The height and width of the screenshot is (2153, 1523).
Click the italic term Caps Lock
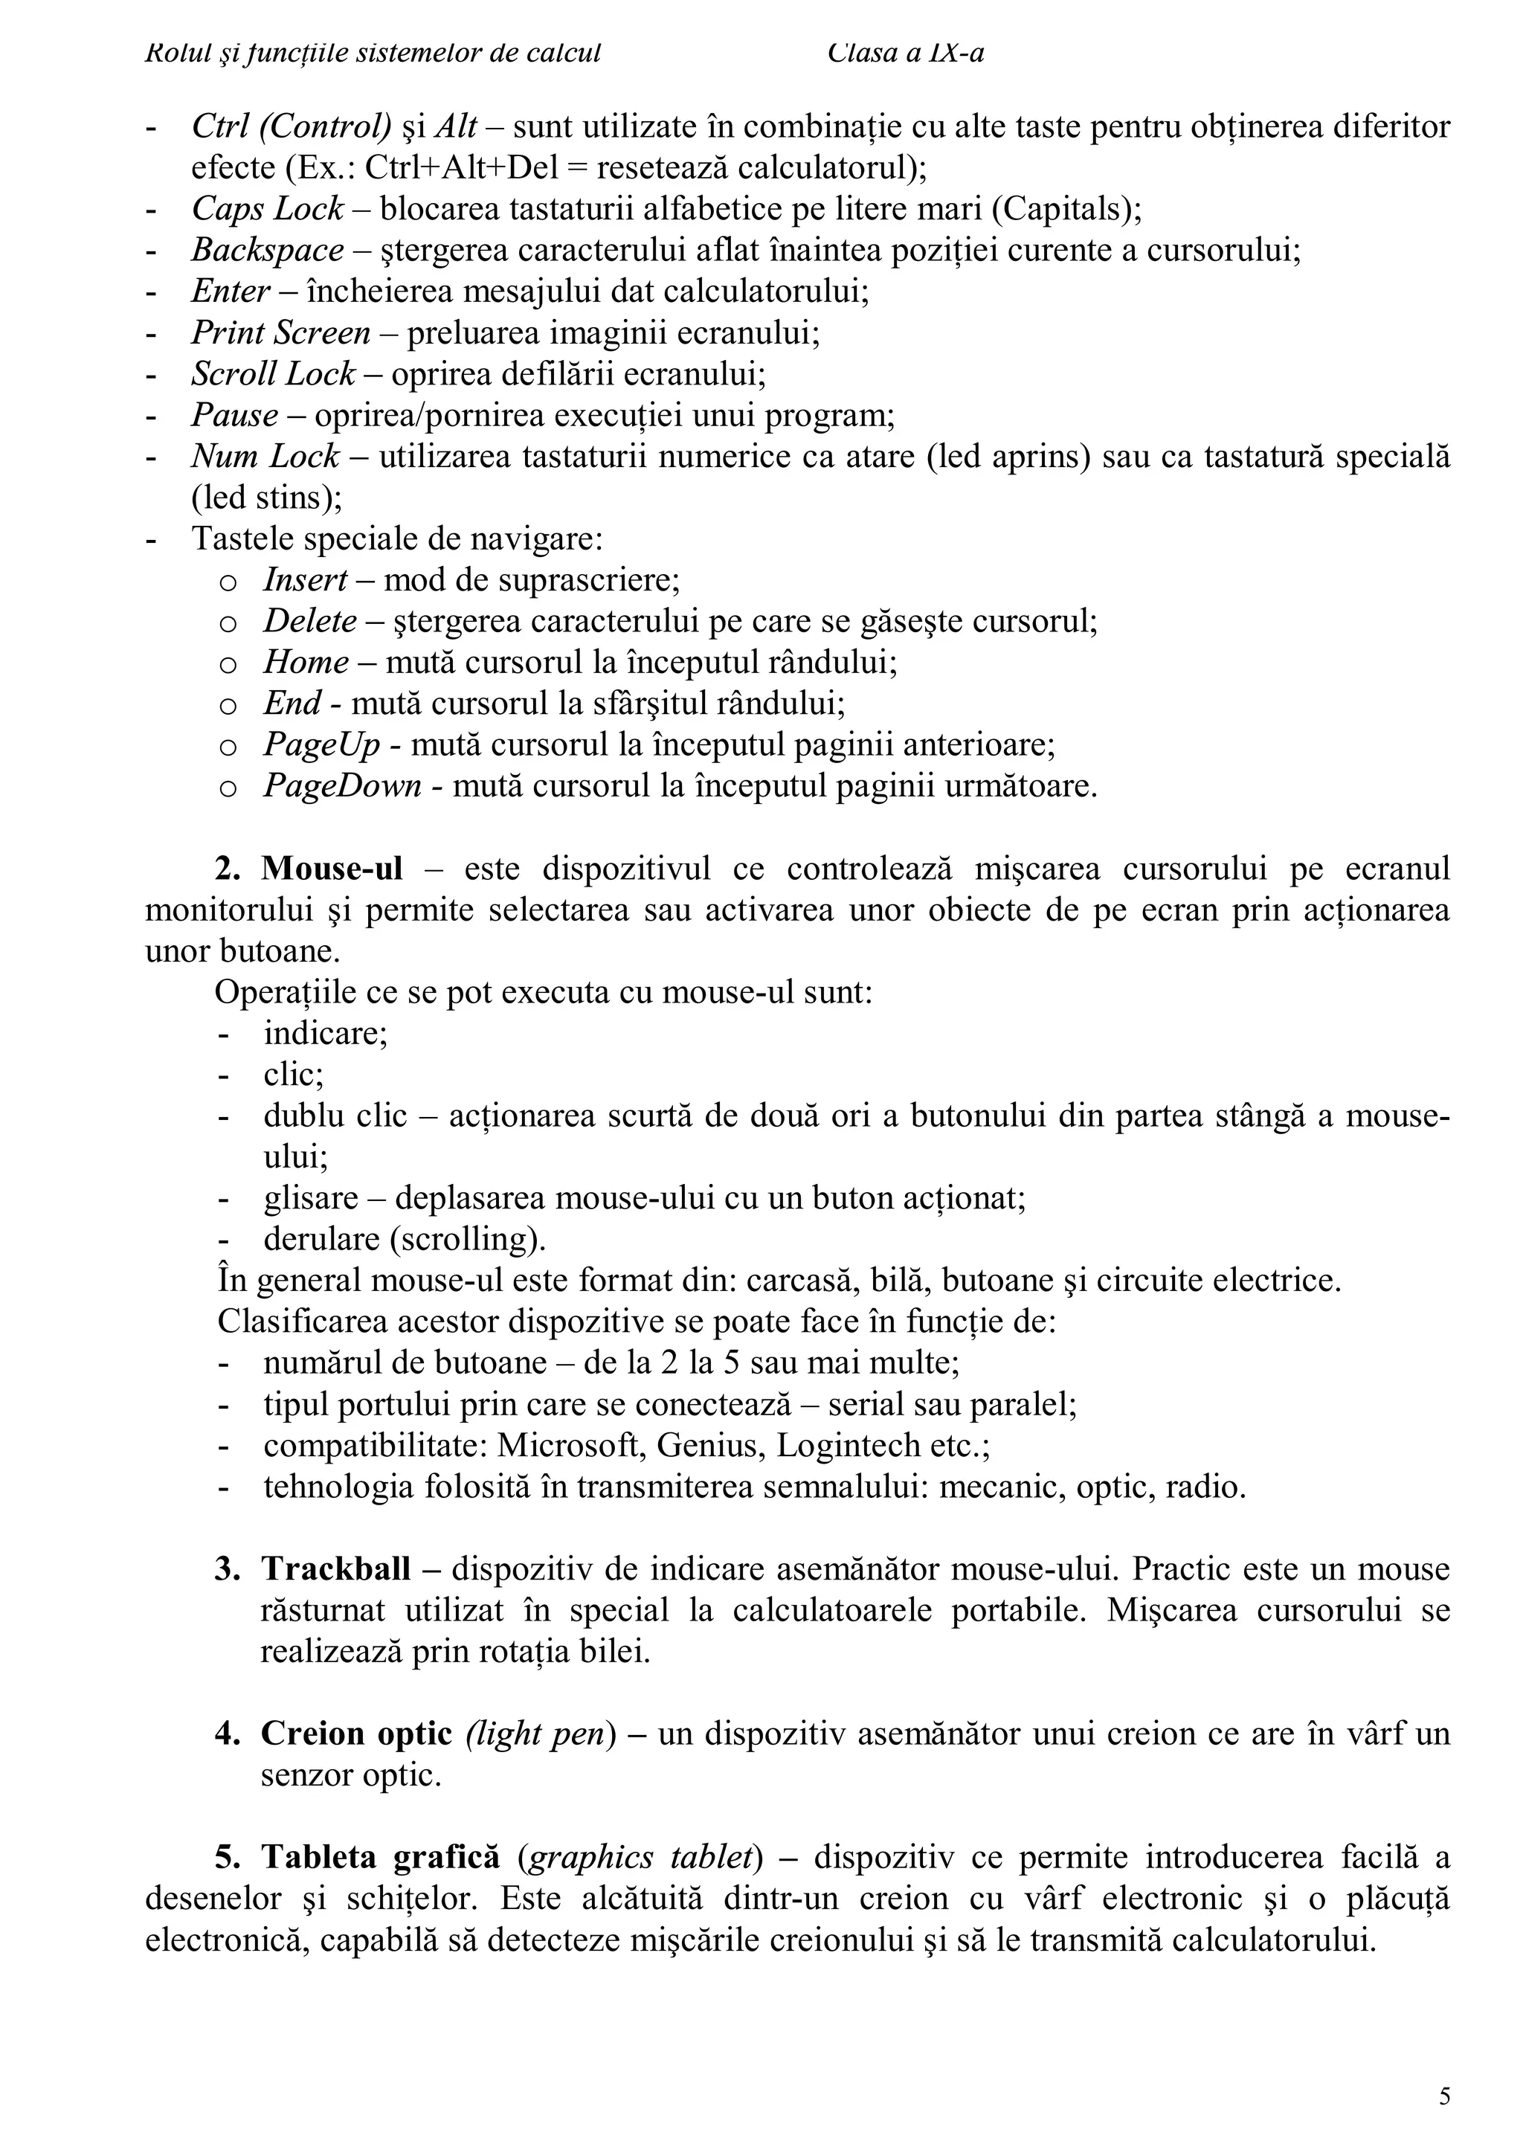[267, 209]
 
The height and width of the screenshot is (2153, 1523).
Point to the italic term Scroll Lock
[273, 374]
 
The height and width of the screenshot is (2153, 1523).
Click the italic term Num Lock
[265, 457]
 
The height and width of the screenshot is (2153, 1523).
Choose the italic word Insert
[306, 580]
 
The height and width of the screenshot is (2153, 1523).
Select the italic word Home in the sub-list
[306, 663]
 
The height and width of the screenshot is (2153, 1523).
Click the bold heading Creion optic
[356, 1734]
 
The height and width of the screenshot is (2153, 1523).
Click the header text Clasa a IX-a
[906, 54]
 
